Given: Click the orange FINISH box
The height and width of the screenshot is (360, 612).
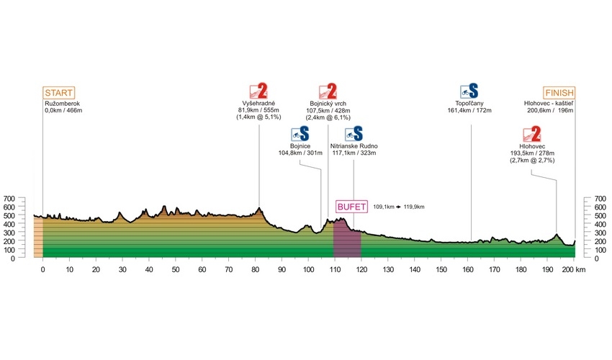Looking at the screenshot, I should point(559,93).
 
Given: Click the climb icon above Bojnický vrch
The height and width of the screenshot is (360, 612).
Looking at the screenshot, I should point(328,91).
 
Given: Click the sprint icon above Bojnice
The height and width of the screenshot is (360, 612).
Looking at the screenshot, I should point(300,134).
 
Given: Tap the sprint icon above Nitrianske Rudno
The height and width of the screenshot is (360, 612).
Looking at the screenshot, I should point(354,134).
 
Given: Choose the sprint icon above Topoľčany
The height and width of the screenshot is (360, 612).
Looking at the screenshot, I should point(469,91).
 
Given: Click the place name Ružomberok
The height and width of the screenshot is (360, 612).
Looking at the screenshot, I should point(63,104).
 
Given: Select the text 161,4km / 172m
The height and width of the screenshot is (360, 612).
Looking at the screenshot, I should point(469,110).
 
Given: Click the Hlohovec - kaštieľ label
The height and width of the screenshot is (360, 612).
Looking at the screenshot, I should point(549,104).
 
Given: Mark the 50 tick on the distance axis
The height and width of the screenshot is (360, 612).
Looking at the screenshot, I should point(176,269).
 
